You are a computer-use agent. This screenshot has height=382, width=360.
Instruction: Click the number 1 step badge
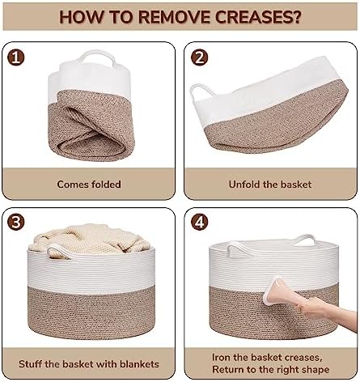(x=16, y=57)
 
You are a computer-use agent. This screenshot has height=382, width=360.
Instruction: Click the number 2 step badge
(x=199, y=57)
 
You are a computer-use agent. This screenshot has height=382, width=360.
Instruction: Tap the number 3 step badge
(x=16, y=222)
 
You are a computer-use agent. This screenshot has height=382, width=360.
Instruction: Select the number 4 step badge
(x=199, y=222)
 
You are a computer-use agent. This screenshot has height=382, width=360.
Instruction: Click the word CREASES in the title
(x=258, y=17)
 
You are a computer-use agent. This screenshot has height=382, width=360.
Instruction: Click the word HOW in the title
(x=81, y=17)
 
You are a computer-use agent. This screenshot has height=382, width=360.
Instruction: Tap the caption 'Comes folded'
(x=89, y=185)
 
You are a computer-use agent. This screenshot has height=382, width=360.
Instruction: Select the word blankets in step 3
(x=139, y=364)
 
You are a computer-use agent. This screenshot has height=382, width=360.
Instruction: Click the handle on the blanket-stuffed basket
(x=59, y=252)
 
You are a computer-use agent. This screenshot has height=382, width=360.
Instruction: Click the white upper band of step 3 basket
(x=91, y=270)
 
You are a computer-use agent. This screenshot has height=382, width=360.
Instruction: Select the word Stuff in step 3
(x=31, y=364)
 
